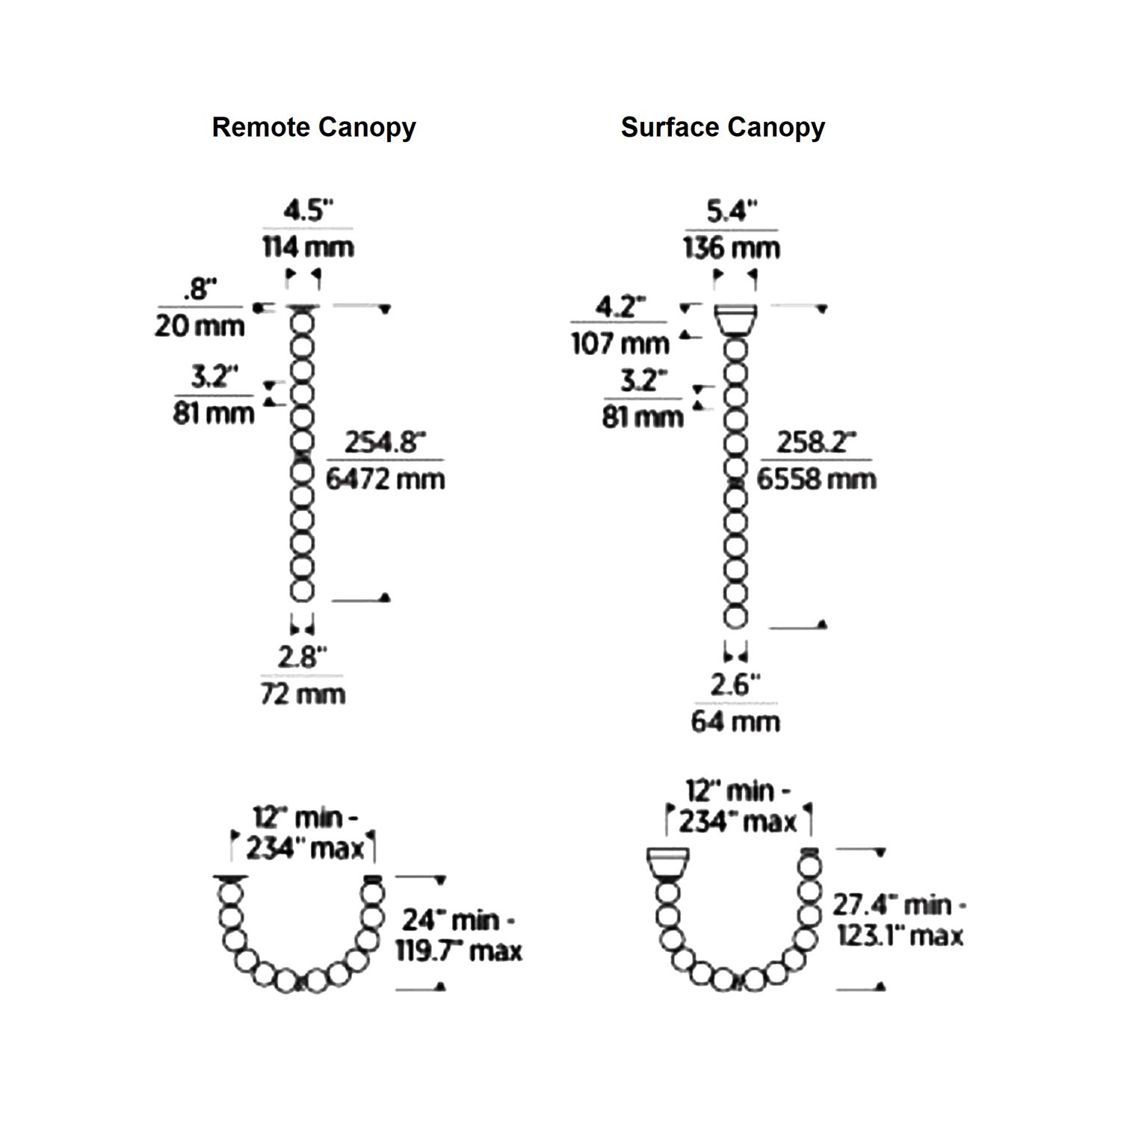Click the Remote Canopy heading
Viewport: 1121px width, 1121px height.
point(314,128)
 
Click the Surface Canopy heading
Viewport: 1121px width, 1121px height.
point(723,128)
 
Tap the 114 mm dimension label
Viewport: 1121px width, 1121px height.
point(308,247)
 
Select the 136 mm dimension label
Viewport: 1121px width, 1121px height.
point(732,248)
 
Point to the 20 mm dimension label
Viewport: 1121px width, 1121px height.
point(200,326)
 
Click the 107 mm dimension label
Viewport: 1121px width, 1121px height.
point(620,344)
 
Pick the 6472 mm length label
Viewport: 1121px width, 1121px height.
point(385,479)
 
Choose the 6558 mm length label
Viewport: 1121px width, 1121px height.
point(816,479)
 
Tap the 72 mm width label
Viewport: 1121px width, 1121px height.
point(303,694)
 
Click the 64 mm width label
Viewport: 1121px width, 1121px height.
point(735,723)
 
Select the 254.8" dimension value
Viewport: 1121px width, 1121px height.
point(384,442)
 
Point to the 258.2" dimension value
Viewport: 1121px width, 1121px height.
point(815,442)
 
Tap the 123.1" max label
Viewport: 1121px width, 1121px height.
point(901,936)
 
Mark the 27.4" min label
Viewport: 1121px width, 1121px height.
point(900,906)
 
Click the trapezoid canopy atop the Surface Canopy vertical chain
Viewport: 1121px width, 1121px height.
point(736,320)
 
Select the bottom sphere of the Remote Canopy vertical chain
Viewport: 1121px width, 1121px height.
point(301,590)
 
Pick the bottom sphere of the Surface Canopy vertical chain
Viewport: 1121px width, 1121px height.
point(736,617)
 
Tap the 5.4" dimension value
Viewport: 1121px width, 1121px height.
point(732,212)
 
